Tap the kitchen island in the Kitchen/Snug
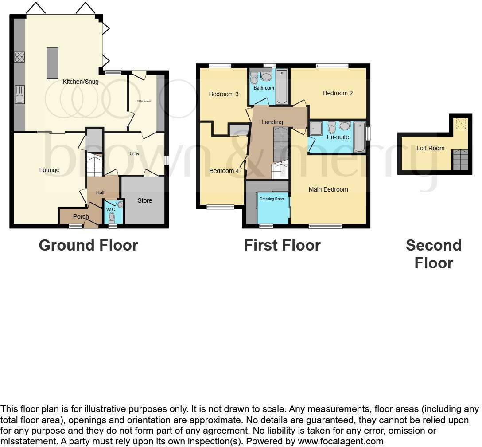pyautogui.click(x=52, y=63)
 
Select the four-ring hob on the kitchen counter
pyautogui.click(x=19, y=57)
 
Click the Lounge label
pyautogui.click(x=49, y=170)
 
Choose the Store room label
pyautogui.click(x=144, y=200)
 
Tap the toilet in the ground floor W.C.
pyautogui.click(x=111, y=217)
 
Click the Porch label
pyautogui.click(x=81, y=216)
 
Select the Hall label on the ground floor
pyautogui.click(x=100, y=192)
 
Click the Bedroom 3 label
pyautogui.click(x=224, y=94)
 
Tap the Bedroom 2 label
pyautogui.click(x=338, y=93)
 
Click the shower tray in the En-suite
pyautogui.click(x=316, y=129)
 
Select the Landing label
pyautogui.click(x=272, y=122)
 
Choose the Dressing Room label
pyautogui.click(x=272, y=199)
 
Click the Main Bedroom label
pyautogui.click(x=328, y=189)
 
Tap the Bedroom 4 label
pyautogui.click(x=224, y=171)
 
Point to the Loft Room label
pyautogui.click(x=430, y=148)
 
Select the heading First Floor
pyautogui.click(x=282, y=245)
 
